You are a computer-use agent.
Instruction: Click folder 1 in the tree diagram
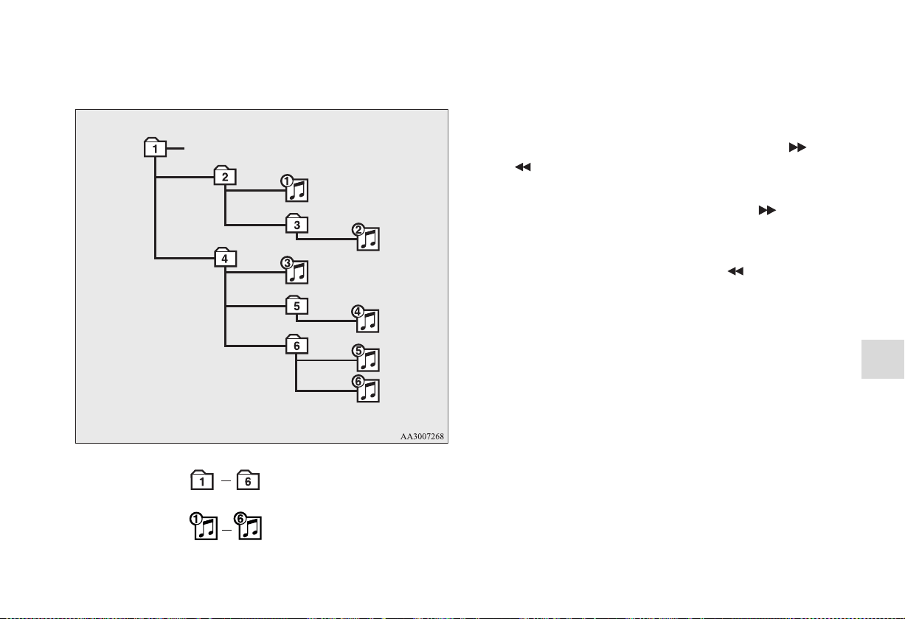[x=155, y=147]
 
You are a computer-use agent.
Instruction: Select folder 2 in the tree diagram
[x=225, y=175]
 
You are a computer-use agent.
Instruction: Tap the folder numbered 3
[x=297, y=224]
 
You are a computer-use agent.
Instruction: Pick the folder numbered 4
[x=225, y=258]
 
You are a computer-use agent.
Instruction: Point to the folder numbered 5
[x=297, y=305]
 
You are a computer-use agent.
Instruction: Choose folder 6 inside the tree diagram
[x=297, y=344]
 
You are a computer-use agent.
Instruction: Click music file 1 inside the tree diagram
[x=295, y=188]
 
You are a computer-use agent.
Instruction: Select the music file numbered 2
[x=366, y=237]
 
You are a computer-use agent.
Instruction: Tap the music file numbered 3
[x=295, y=270]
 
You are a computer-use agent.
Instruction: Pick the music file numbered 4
[x=366, y=319]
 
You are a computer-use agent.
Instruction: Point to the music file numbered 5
[x=366, y=357]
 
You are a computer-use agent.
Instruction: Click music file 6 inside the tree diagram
[x=366, y=388]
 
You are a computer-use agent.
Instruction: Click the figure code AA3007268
[x=422, y=436]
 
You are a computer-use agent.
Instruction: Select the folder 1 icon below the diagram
[x=202, y=480]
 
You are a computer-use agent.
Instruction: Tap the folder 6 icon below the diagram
[x=248, y=480]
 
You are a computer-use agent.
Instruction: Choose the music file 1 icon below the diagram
[x=204, y=526]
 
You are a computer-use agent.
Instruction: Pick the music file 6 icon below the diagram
[x=248, y=526]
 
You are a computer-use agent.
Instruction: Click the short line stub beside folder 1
[x=176, y=149]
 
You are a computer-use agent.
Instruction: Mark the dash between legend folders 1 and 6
[x=226, y=480]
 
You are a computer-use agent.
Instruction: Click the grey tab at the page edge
[x=883, y=360]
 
